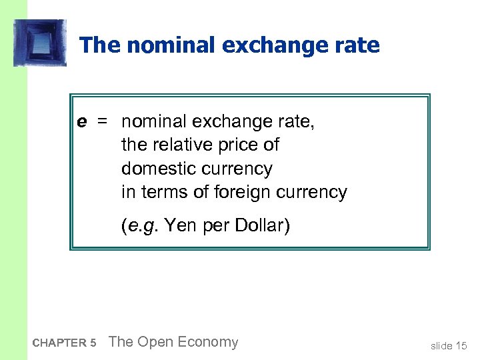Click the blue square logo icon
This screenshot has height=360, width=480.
40,43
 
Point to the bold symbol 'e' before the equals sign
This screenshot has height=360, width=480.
81,121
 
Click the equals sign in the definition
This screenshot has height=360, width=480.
102,121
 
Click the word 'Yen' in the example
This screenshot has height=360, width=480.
179,226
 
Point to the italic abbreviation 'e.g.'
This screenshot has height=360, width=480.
142,226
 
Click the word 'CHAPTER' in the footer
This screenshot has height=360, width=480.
59,343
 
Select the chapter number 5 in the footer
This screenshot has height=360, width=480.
93,343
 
